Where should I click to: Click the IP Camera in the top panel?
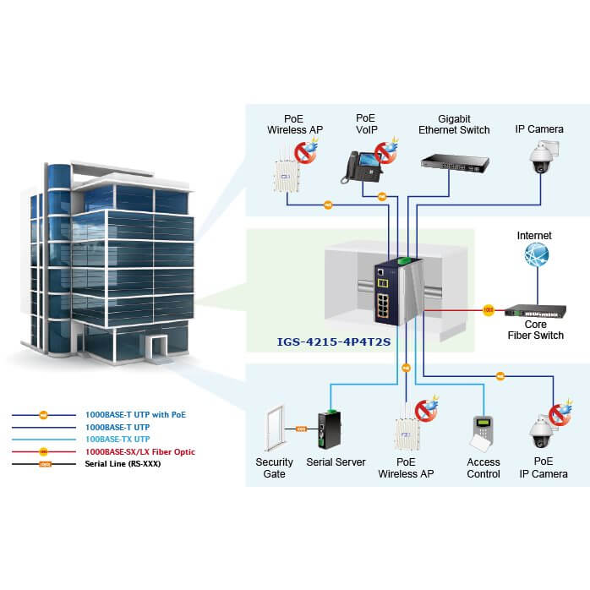(540, 158)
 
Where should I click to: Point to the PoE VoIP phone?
(358, 167)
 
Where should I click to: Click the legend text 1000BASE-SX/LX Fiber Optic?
(139, 452)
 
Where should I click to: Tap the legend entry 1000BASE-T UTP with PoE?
(135, 415)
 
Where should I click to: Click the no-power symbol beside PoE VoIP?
(386, 153)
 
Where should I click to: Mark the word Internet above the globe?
(534, 236)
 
